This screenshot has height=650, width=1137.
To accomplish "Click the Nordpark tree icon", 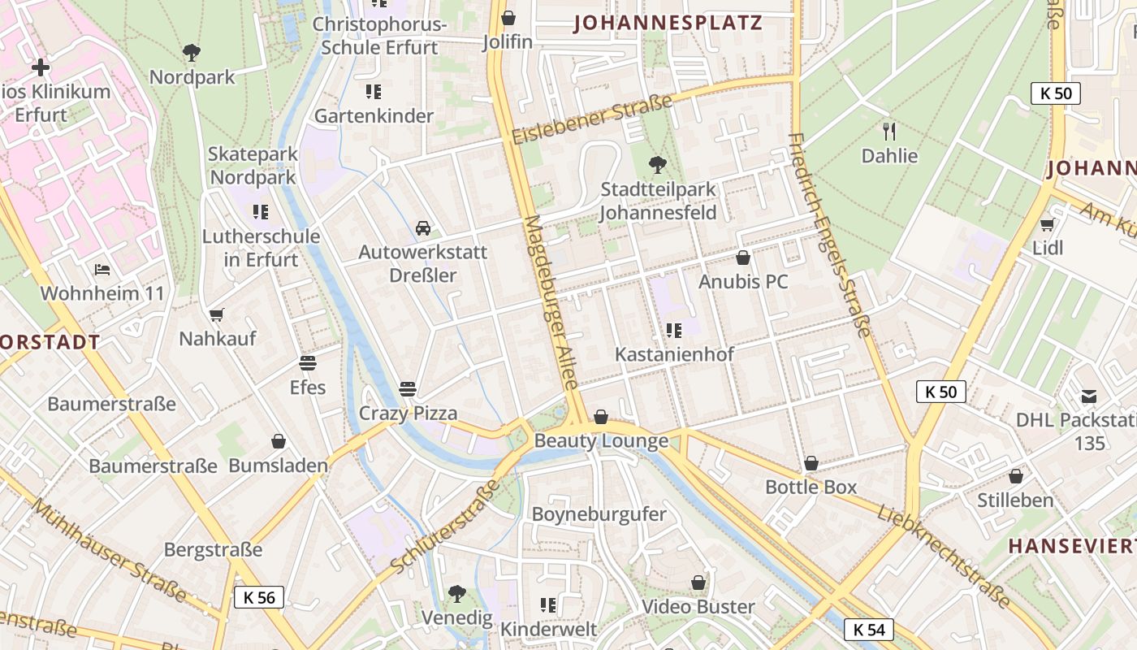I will (192, 54).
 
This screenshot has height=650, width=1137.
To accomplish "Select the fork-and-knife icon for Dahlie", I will (889, 131).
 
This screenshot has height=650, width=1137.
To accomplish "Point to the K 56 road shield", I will (259, 597).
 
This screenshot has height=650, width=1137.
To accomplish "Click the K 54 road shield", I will (869, 629).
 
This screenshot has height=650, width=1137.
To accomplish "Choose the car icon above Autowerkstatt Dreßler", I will (423, 227).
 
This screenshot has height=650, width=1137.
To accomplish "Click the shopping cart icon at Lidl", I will (1047, 224).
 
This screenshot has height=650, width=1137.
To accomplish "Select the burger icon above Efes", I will (308, 362).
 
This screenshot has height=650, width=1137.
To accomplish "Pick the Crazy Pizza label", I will (409, 413).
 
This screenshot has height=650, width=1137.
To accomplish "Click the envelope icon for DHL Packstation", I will (1088, 396).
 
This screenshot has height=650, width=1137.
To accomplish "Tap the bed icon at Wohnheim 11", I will (102, 269).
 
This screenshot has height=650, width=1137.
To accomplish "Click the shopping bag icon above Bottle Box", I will (811, 463).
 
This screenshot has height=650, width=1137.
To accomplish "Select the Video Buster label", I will (698, 606).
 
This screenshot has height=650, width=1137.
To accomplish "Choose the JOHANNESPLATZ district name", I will (668, 23).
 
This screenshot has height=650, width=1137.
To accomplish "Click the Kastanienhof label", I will (674, 354).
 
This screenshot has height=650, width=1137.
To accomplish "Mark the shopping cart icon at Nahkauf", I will (216, 314).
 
